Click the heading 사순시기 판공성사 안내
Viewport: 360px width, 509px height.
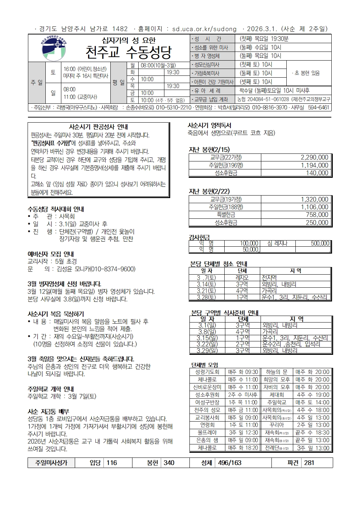point(98,127)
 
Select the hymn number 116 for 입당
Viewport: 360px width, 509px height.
point(112,463)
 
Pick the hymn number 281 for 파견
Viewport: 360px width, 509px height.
point(309,463)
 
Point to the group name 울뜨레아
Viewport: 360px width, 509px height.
point(207,432)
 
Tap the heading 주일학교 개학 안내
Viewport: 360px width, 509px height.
point(50,389)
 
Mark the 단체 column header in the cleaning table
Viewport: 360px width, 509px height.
point(242,271)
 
